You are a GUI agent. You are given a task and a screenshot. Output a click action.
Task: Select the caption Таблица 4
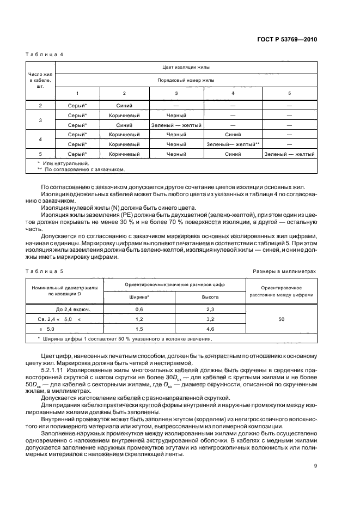pos(46,54)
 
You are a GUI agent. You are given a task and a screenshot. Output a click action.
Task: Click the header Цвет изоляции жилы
pos(186,67)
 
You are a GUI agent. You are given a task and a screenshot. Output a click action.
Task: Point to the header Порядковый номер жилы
pos(186,80)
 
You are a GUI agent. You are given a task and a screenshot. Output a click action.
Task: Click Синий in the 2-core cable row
pos(124,105)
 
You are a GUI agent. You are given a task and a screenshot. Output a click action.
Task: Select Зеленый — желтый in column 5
pos(289,154)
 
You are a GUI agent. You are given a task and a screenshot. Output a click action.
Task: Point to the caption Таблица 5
pos(46,271)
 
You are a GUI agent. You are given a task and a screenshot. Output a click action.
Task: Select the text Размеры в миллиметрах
pos(284,271)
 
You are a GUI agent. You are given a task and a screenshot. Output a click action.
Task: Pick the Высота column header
pos(211,297)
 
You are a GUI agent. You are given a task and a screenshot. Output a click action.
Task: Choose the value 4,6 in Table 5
pos(211,329)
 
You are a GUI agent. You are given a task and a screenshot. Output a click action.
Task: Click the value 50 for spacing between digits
pos(282,319)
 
